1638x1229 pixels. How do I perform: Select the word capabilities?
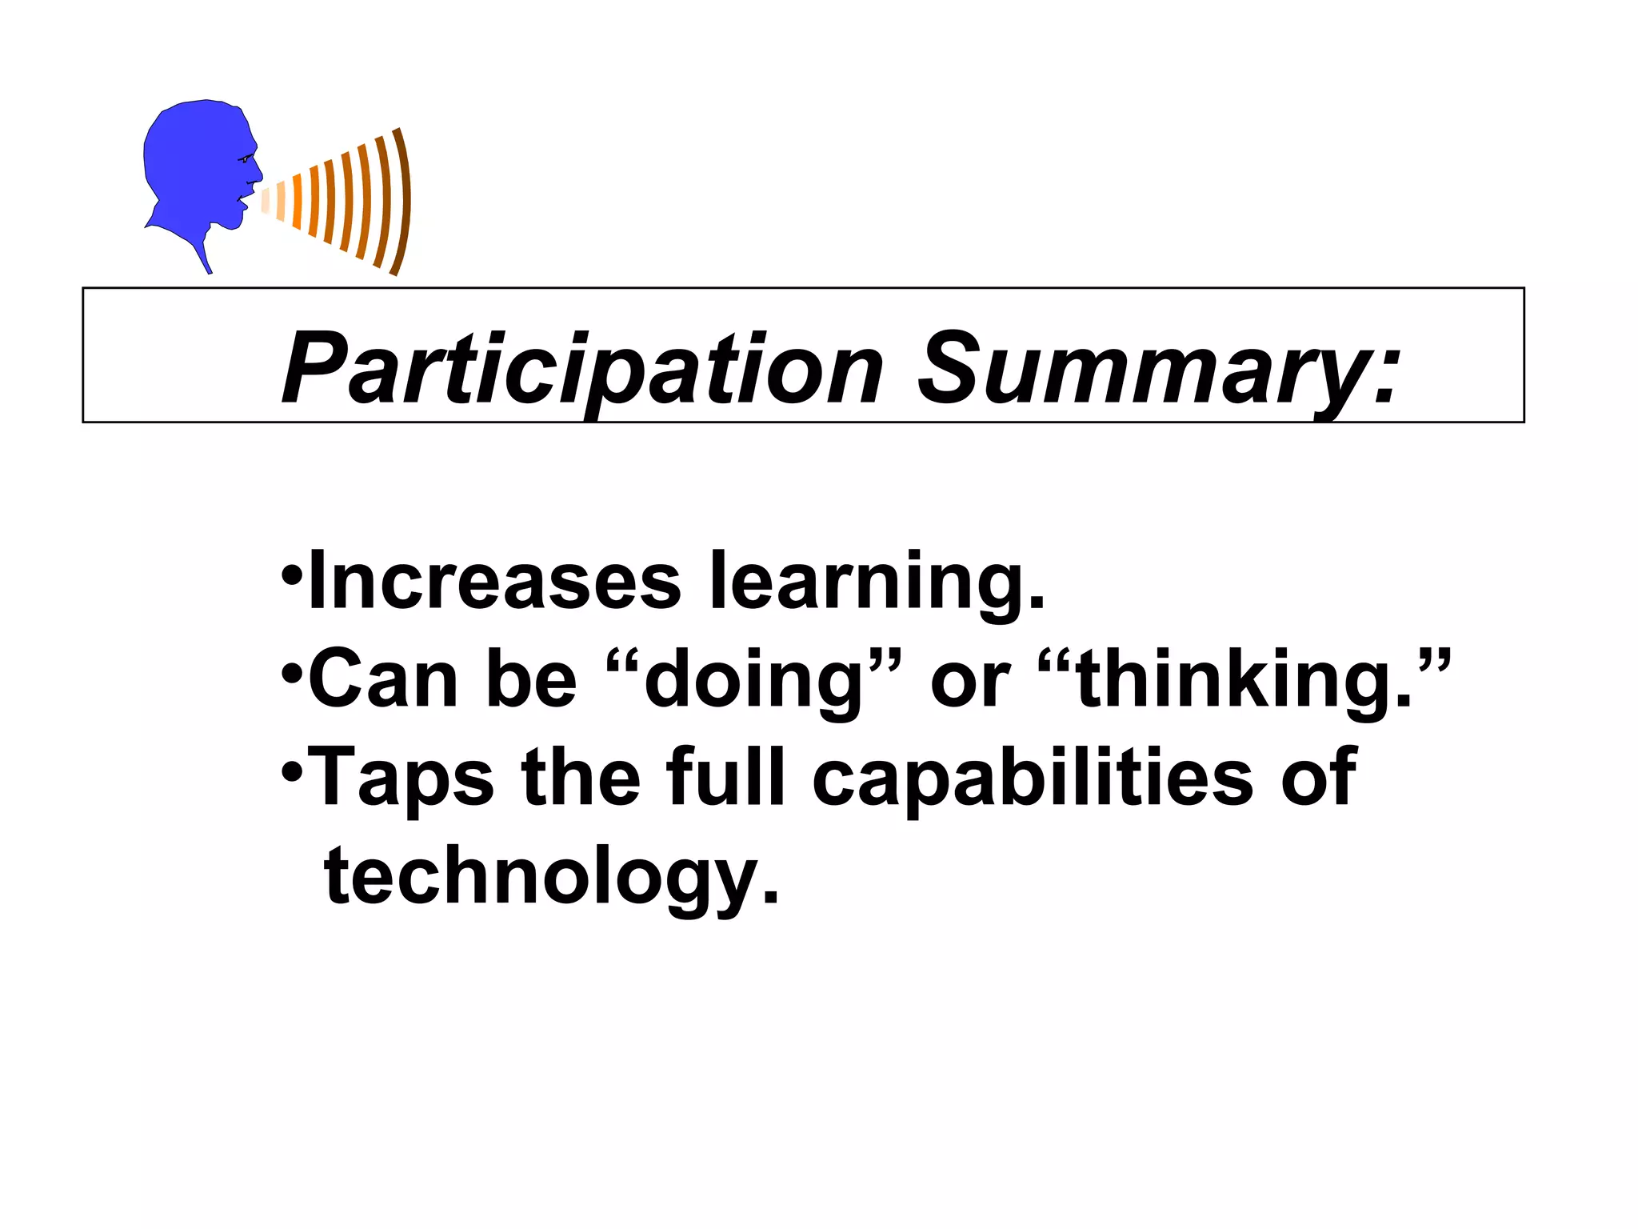(x=1032, y=778)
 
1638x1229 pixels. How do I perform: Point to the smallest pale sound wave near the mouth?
(x=266, y=199)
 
